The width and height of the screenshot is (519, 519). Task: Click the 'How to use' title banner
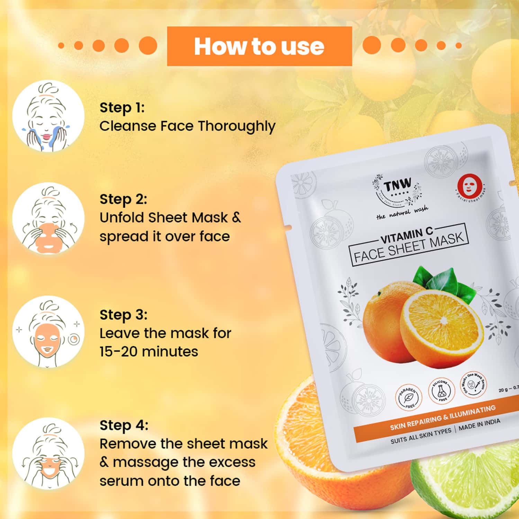click(x=259, y=46)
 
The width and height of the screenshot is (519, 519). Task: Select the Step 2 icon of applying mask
click(x=48, y=218)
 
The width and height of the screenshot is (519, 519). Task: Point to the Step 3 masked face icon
click(x=48, y=331)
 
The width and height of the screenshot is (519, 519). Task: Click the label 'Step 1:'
click(x=122, y=108)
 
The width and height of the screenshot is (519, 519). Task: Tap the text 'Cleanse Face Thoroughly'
click(x=187, y=126)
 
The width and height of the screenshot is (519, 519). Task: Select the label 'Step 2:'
click(x=123, y=199)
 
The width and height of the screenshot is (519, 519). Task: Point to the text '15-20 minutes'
click(x=149, y=352)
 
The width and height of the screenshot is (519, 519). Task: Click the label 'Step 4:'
click(x=124, y=425)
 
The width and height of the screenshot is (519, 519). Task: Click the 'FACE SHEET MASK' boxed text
click(x=409, y=248)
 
